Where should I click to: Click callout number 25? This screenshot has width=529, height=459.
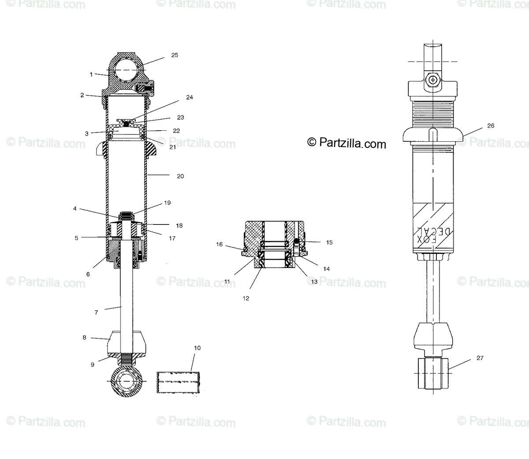pyautogui.click(x=175, y=55)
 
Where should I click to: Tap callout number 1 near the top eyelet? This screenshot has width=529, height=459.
pyautogui.click(x=91, y=74)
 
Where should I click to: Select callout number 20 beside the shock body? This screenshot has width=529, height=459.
pyautogui.click(x=180, y=176)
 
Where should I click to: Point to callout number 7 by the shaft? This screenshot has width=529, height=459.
pyautogui.click(x=96, y=312)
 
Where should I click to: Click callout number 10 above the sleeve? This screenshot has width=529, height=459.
pyautogui.click(x=197, y=348)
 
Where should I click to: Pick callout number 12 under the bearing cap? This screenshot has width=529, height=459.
pyautogui.click(x=246, y=298)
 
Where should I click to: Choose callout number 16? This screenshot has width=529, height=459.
pyautogui.click(x=219, y=245)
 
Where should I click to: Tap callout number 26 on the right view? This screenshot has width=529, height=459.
pyautogui.click(x=491, y=126)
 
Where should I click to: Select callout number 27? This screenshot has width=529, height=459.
pyautogui.click(x=480, y=358)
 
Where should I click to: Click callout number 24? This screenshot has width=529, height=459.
pyautogui.click(x=190, y=97)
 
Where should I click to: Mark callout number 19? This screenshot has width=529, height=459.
pyautogui.click(x=167, y=203)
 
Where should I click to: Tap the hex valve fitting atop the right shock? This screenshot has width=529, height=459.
pyautogui.click(x=434, y=80)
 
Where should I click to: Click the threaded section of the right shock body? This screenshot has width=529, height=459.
pyautogui.click(x=434, y=112)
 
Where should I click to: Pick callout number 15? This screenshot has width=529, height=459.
pyautogui.click(x=329, y=242)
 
